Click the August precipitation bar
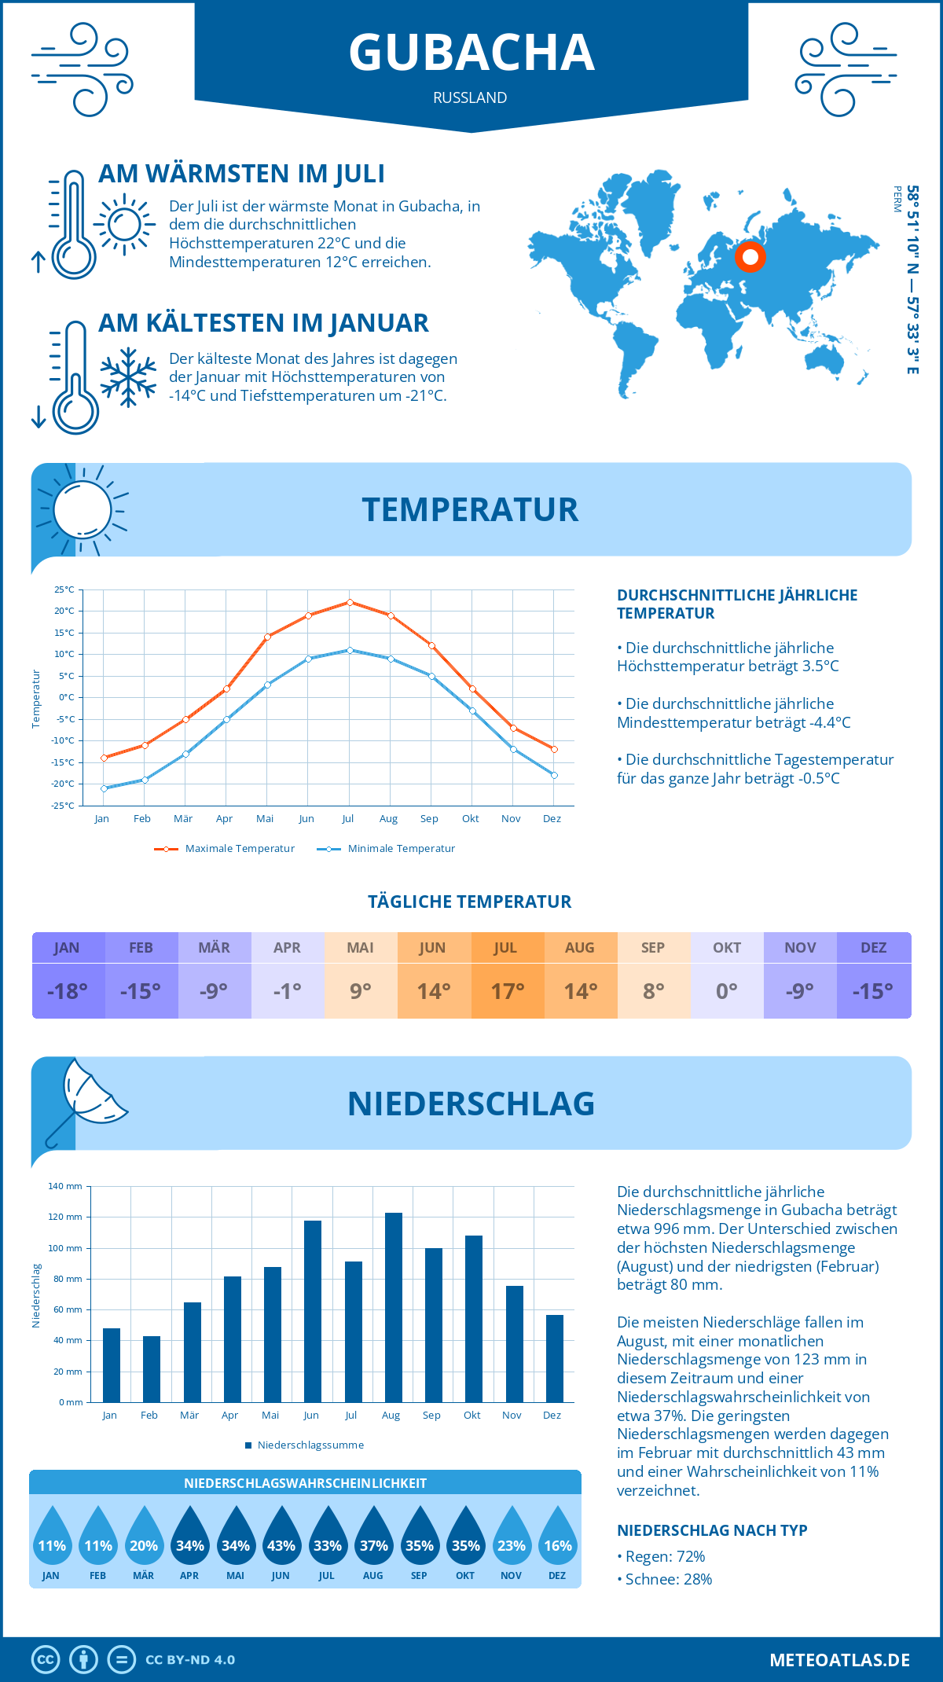point(393,1308)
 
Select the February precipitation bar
point(152,1369)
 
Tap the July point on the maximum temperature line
point(350,602)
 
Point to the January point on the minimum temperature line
point(104,788)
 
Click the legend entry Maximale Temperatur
point(225,849)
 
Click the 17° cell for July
point(507,991)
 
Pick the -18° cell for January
point(68,991)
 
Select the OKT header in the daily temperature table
point(727,948)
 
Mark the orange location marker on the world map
point(750,256)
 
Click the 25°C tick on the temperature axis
point(64,589)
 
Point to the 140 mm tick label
point(65,1186)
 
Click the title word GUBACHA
point(472,53)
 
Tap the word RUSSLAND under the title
point(470,97)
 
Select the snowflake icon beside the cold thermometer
point(128,377)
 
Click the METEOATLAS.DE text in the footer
point(839,1660)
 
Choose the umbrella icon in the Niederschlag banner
point(86,1100)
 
